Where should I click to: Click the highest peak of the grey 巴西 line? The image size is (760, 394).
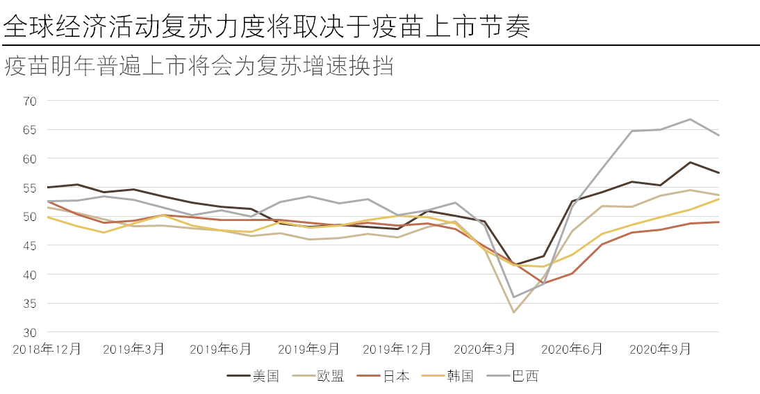pyautogui.click(x=690, y=120)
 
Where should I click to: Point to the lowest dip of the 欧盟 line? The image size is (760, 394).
pyautogui.click(x=514, y=312)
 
